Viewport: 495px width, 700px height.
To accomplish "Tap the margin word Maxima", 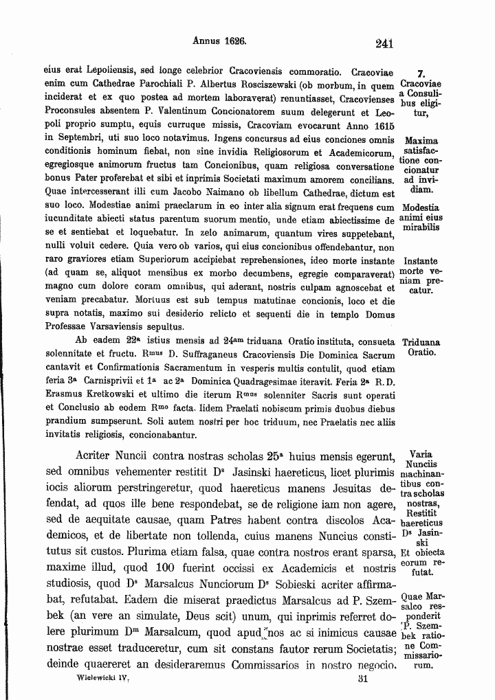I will pyautogui.click(x=421, y=139).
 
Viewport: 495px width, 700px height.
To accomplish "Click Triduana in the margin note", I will pyautogui.click(x=421, y=342).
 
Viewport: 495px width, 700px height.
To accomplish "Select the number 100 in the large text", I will pyautogui.click(x=192, y=568).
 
